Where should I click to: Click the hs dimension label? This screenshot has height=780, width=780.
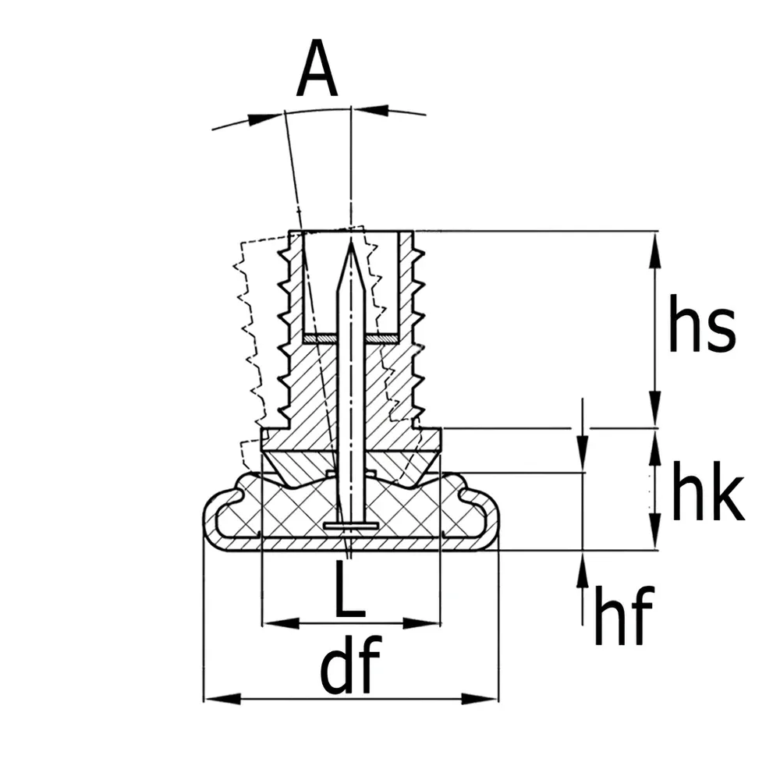pyautogui.click(x=701, y=323)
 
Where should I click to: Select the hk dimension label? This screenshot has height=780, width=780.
pyautogui.click(x=708, y=491)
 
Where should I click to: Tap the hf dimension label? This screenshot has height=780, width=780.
pyautogui.click(x=623, y=615)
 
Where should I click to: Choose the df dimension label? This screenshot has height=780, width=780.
pyautogui.click(x=350, y=664)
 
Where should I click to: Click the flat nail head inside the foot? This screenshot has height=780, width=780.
pyautogui.click(x=351, y=525)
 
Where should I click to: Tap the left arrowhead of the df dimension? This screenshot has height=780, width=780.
pyautogui.click(x=222, y=699)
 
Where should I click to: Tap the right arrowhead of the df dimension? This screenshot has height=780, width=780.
pyautogui.click(x=480, y=699)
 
